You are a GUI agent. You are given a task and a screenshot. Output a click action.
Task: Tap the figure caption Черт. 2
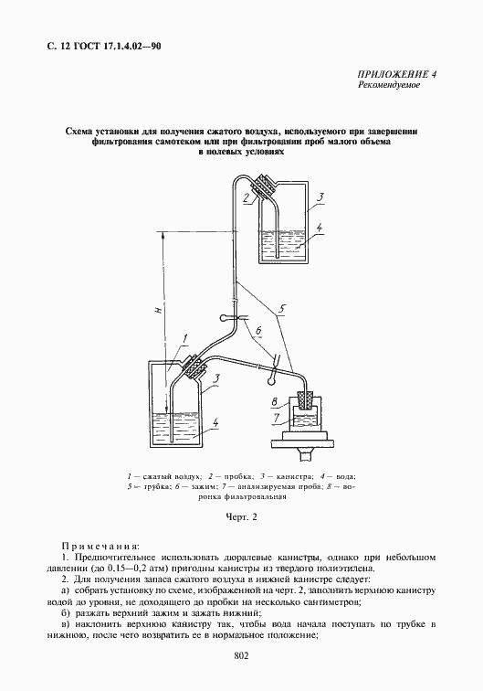pyautogui.click(x=242, y=516)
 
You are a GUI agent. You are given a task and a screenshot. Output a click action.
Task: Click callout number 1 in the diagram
pyautogui.click(x=184, y=339)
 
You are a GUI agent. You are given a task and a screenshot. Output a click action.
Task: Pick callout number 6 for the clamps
pyautogui.click(x=258, y=328)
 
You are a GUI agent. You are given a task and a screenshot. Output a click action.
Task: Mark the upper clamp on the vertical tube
pyautogui.click(x=228, y=318)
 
